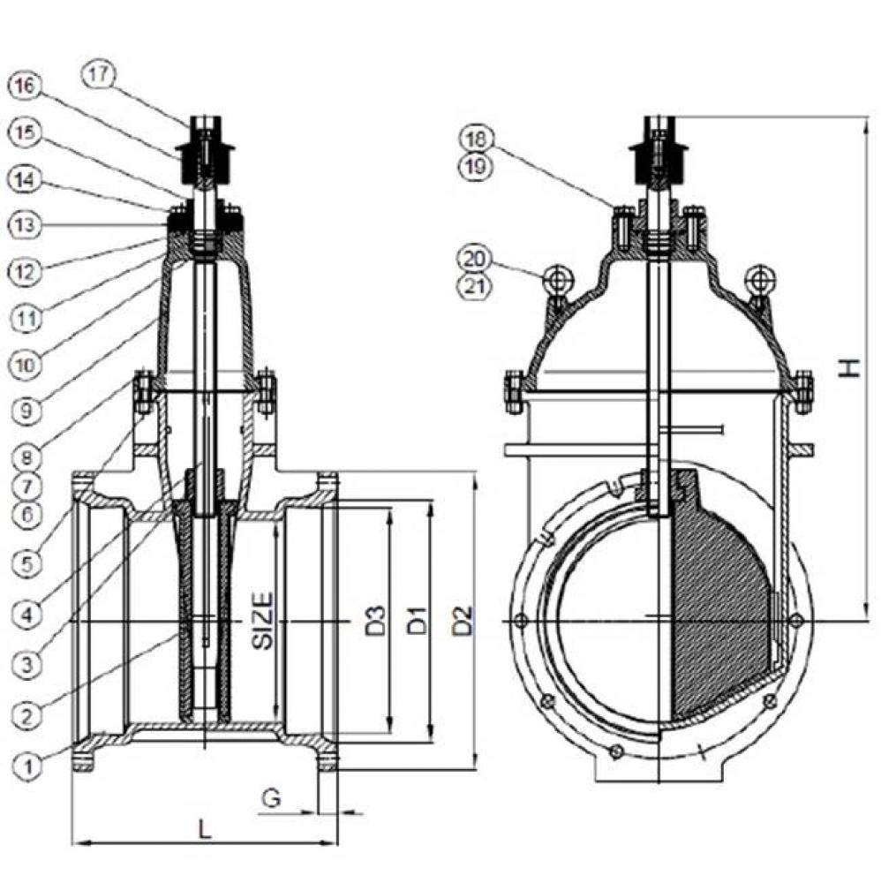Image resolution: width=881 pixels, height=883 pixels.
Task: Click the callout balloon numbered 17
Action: click(100, 75)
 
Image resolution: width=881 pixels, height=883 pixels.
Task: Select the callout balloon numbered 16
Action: click(25, 85)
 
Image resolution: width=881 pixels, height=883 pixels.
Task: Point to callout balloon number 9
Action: click(27, 411)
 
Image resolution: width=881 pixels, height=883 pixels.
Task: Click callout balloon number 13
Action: click(26, 225)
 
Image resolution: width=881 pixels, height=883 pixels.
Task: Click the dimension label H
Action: click(848, 366)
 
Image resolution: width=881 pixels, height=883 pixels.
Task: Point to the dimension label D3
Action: click(374, 621)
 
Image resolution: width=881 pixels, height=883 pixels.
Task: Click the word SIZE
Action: click(263, 621)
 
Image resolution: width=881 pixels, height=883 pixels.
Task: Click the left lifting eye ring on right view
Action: click(557, 280)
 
